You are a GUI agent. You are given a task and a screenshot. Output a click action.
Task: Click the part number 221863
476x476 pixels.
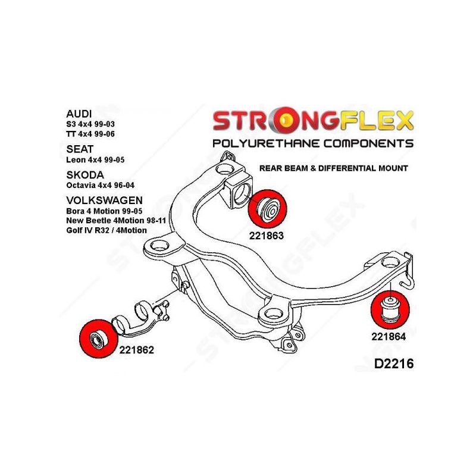[x=266, y=235]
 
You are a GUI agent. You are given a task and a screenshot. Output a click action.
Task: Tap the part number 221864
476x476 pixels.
[x=388, y=336]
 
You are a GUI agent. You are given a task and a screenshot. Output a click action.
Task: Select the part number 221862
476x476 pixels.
[x=137, y=350]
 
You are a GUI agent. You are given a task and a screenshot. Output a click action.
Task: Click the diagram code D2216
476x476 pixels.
[x=390, y=364]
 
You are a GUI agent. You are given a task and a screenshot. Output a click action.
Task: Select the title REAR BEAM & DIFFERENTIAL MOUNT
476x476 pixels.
[x=333, y=168]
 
